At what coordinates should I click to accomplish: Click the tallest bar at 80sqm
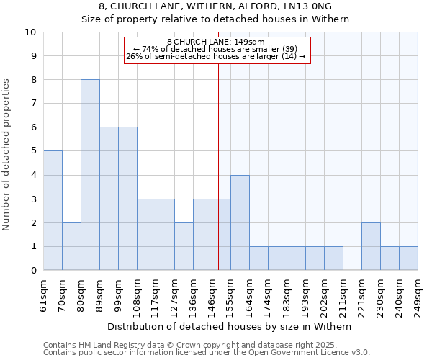(90, 175)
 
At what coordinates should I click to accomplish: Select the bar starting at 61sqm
(53, 210)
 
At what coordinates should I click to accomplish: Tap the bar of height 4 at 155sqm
(240, 222)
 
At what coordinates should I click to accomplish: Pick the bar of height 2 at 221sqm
(371, 246)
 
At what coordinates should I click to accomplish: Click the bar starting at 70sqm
(71, 246)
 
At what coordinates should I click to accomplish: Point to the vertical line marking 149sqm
(218, 166)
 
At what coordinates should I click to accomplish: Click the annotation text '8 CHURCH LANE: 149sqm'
(216, 42)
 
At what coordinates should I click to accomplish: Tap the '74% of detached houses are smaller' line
(216, 49)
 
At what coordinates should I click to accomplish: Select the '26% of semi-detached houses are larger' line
(216, 56)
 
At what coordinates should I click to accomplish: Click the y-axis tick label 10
(30, 32)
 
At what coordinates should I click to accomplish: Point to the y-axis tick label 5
(33, 151)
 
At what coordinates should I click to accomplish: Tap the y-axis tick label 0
(33, 271)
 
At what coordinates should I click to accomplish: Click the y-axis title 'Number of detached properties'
(7, 155)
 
